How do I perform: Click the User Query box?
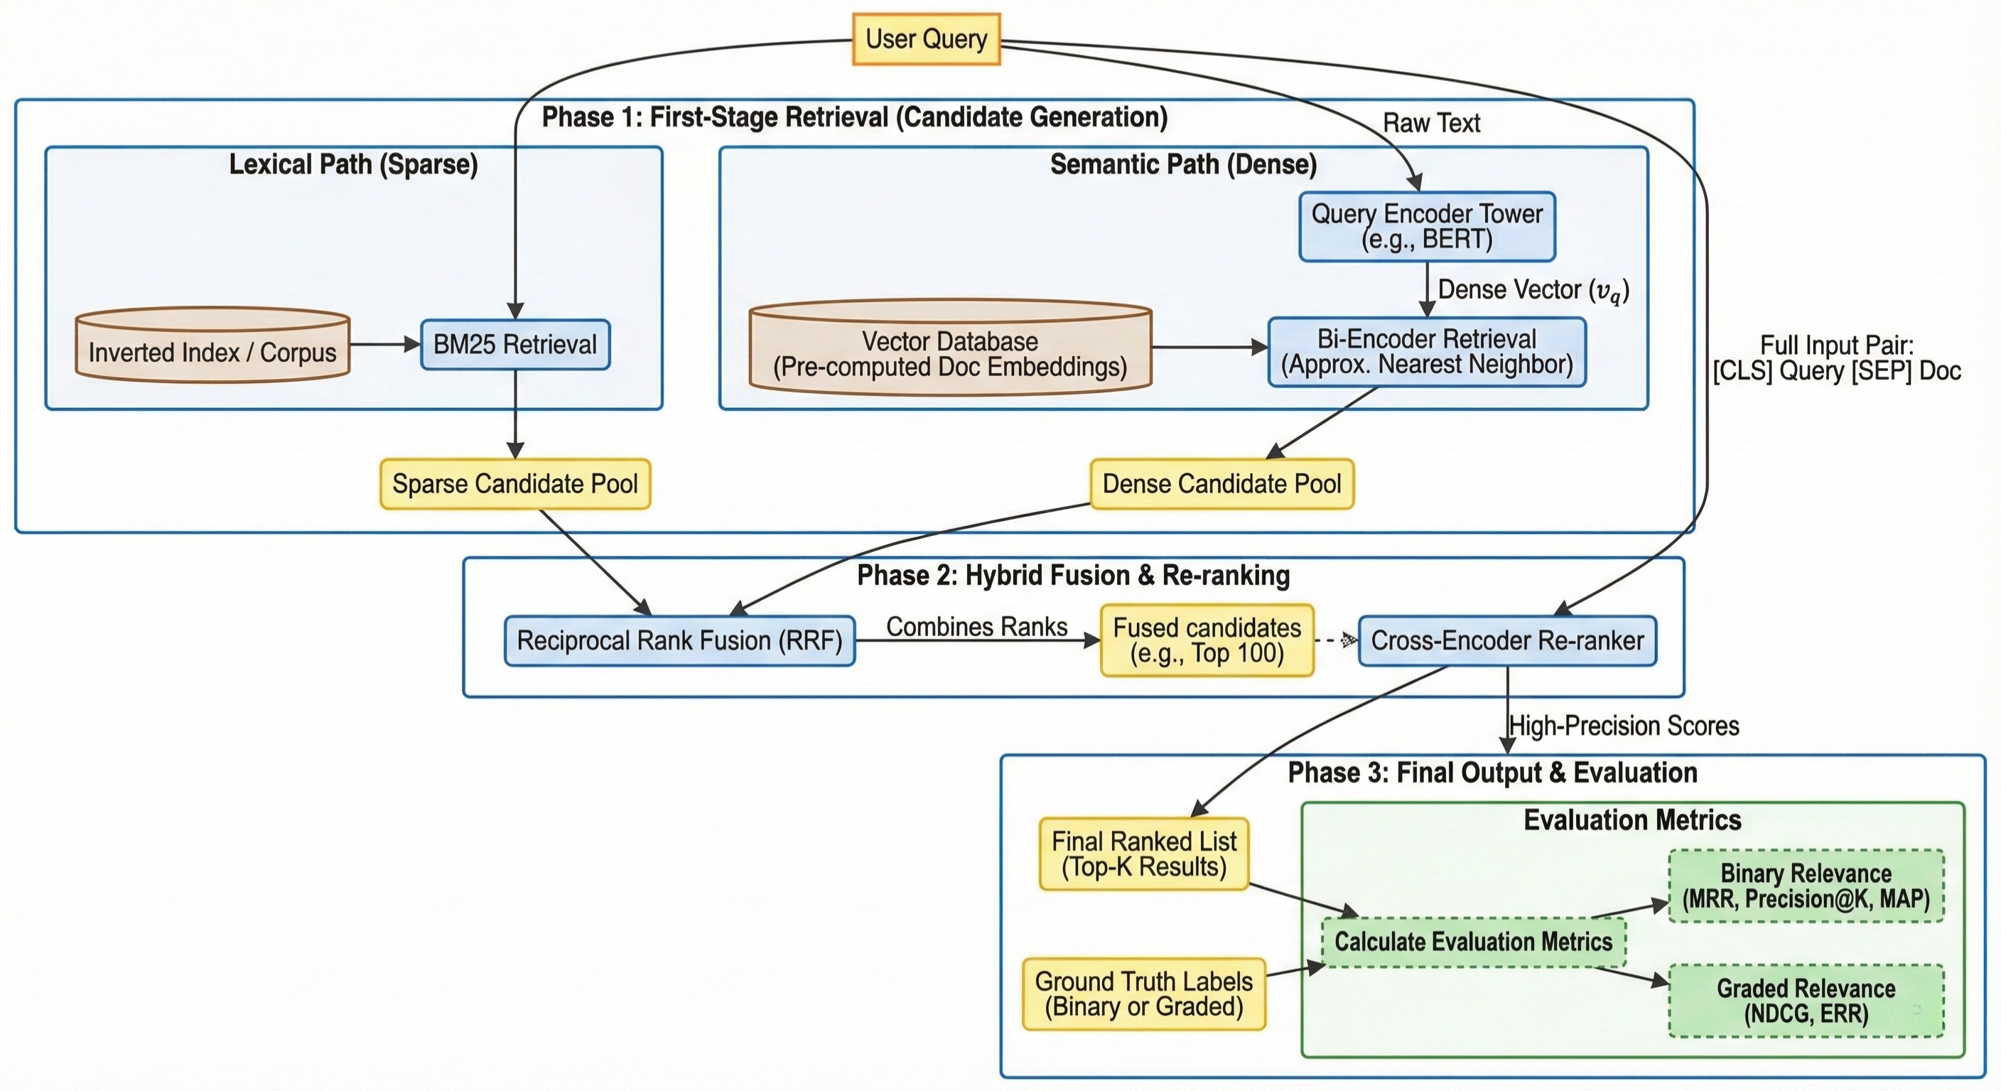tap(926, 39)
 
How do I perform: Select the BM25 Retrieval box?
tap(515, 344)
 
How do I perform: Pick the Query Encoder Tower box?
tap(1427, 226)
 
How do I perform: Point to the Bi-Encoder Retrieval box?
tap(1426, 352)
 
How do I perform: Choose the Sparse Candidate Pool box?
tap(515, 484)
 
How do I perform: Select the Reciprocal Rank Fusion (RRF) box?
tap(680, 641)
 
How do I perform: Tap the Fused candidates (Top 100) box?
tap(1207, 641)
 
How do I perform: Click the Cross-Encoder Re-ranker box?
tap(1507, 641)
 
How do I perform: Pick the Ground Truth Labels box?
tap(1143, 994)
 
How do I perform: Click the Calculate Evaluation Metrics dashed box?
tap(1473, 942)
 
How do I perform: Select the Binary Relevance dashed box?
tap(1806, 886)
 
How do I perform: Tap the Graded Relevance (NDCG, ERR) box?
tap(1806, 1001)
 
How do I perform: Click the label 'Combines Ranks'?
tap(976, 626)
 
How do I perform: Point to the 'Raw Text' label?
tap(1431, 123)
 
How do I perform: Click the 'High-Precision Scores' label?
tap(1624, 726)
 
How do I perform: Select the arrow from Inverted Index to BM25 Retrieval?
tap(384, 344)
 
